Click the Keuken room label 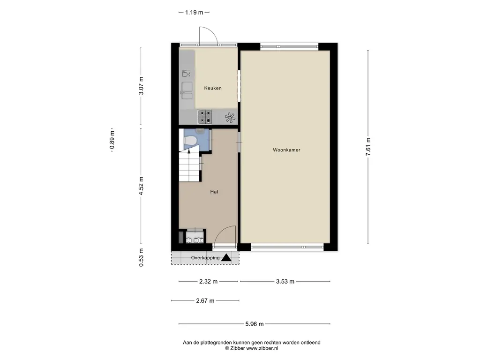pos(213,88)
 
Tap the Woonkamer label pos(286,150)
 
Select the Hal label pos(214,192)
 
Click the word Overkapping pos(205,258)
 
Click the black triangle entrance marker pos(226,258)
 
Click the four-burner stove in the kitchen pos(205,117)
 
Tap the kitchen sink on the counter pos(187,90)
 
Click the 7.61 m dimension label pos(368,147)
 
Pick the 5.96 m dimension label pos(255,324)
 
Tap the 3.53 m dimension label pos(285,282)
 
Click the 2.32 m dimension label pos(208,282)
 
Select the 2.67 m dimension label pos(205,301)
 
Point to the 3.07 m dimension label pos(141,86)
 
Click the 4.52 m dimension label pos(141,186)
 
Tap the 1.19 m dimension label pos(194,13)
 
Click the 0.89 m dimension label pos(112,140)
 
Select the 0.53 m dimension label pos(141,257)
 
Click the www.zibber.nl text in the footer pos(262,348)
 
